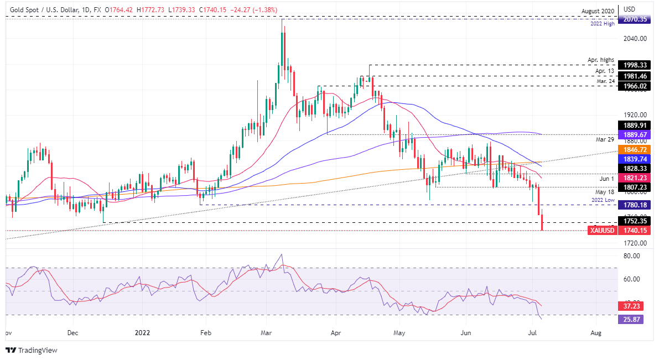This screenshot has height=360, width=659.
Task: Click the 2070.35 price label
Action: pyautogui.click(x=634, y=19)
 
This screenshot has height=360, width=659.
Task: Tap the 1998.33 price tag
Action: pyautogui.click(x=634, y=65)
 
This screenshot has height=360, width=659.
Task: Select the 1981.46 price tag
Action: pyautogui.click(x=634, y=76)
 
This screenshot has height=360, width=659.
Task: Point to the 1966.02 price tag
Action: pyautogui.click(x=634, y=86)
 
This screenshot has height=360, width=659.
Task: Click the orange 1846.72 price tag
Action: pyautogui.click(x=634, y=149)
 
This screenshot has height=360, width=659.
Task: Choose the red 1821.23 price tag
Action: pyautogui.click(x=634, y=179)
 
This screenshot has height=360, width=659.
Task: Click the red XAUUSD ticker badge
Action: pyautogui.click(x=603, y=231)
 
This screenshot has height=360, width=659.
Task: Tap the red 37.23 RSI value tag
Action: pyautogui.click(x=631, y=306)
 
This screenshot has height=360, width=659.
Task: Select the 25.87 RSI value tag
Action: pyautogui.click(x=631, y=319)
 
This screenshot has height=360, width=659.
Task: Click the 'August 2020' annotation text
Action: pyautogui.click(x=598, y=11)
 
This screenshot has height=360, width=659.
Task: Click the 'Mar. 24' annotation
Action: pyautogui.click(x=605, y=81)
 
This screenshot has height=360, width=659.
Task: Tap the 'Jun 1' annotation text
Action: pyautogui.click(x=608, y=179)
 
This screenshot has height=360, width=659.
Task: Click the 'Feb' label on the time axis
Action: pyautogui.click(x=205, y=333)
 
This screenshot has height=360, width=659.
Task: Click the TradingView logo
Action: pyautogui.click(x=32, y=350)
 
